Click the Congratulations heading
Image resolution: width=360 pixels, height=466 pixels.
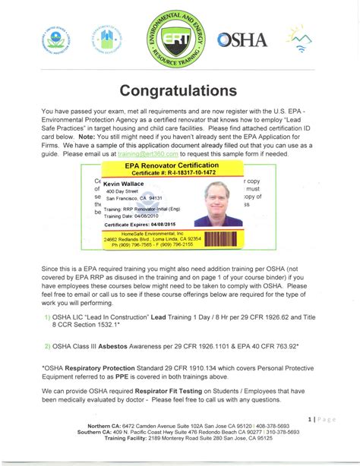(179, 90)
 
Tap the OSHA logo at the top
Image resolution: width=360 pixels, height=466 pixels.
(242, 39)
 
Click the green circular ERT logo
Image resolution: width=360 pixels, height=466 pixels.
(179, 39)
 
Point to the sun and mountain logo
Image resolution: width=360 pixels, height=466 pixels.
(302, 39)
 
